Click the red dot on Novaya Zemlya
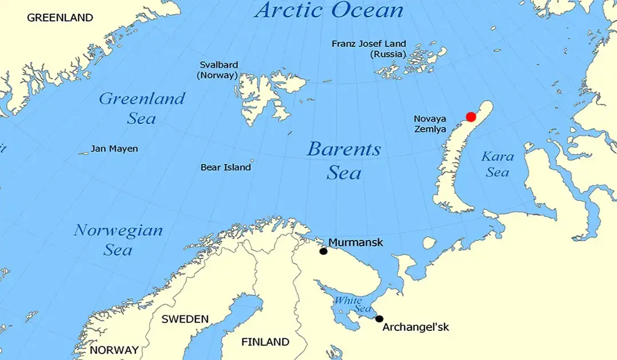pyautogui.click(x=471, y=117)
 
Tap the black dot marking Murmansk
pyautogui.click(x=323, y=251)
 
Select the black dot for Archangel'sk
pyautogui.click(x=379, y=319)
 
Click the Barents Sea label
pyautogui.click(x=344, y=161)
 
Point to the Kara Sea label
pyautogui.click(x=498, y=163)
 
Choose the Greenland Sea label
pyautogui.click(x=142, y=108)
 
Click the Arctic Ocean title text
pyautogui.click(x=329, y=10)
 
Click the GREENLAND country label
pyautogui.click(x=60, y=18)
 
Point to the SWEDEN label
pyautogui.click(x=185, y=319)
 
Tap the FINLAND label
pyautogui.click(x=265, y=342)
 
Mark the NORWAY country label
pyautogui.click(x=114, y=350)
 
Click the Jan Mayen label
pyautogui.click(x=114, y=149)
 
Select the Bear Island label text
pyautogui.click(x=226, y=167)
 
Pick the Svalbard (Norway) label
pyautogui.click(x=218, y=70)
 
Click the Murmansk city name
pyautogui.click(x=355, y=243)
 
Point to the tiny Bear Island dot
pyautogui.click(x=252, y=161)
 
